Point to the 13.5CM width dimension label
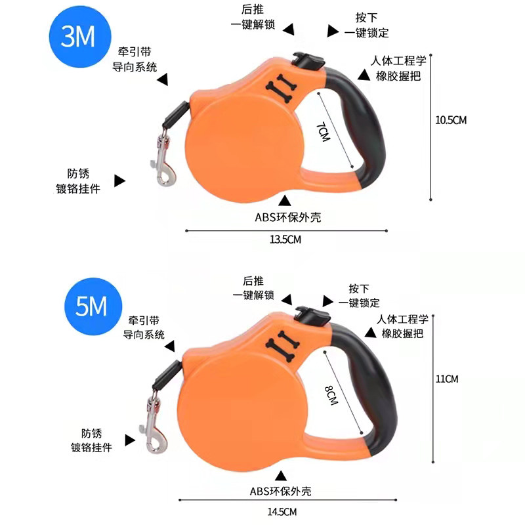285,240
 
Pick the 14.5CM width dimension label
285,510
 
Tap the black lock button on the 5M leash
311,314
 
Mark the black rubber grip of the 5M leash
374,387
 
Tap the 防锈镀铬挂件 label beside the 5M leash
92,440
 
